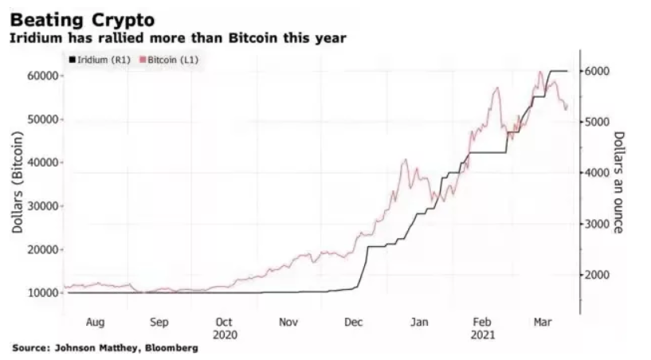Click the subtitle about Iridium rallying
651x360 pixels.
[x=177, y=37]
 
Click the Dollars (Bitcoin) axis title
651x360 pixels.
[x=18, y=184]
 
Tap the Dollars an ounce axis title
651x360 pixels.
[x=619, y=182]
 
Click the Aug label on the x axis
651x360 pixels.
[x=94, y=322]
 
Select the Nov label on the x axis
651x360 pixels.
[x=288, y=322]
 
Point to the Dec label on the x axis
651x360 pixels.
[x=353, y=322]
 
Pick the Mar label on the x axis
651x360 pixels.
[x=542, y=322]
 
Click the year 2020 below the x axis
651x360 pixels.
[x=224, y=335]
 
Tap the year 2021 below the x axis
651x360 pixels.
[x=483, y=335]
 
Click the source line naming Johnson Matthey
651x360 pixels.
[x=105, y=349]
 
